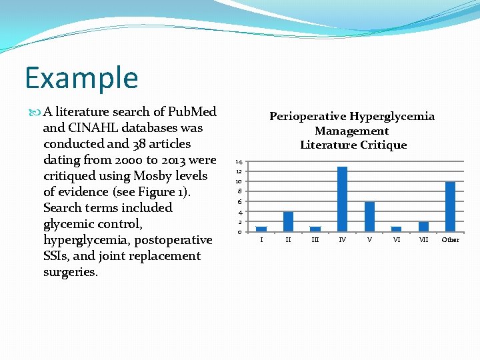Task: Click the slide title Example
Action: (x=81, y=77)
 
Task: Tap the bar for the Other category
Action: (x=450, y=207)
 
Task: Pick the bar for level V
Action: (x=369, y=217)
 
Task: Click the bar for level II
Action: (x=288, y=221)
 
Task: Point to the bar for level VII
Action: (x=423, y=227)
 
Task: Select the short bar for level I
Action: (x=261, y=229)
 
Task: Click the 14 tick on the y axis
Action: (x=238, y=162)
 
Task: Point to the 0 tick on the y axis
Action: (x=239, y=232)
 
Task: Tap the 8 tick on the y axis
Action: (x=239, y=191)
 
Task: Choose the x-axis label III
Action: (x=315, y=240)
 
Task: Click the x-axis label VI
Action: (x=396, y=240)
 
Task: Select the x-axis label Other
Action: (x=450, y=240)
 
